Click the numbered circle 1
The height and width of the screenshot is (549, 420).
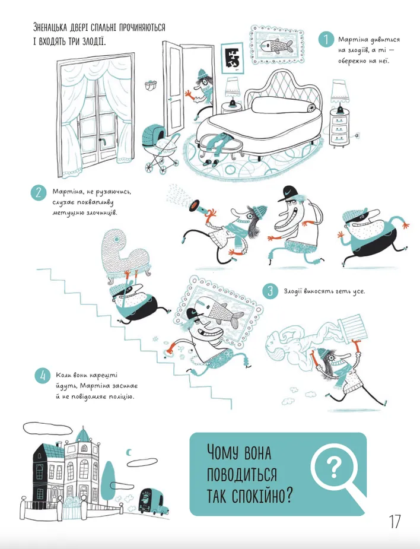coord(326,40)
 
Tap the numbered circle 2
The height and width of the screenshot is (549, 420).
coord(39,193)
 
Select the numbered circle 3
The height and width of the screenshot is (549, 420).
coord(270,291)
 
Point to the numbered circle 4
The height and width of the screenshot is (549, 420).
coord(43,376)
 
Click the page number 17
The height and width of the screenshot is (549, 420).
coord(394,521)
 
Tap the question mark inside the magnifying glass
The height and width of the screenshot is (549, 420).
coord(334,467)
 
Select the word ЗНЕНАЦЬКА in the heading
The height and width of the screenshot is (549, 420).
coord(51,27)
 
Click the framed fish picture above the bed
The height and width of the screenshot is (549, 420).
coord(276,46)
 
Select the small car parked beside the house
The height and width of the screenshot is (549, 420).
coord(153,501)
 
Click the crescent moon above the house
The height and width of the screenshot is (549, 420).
coord(129,453)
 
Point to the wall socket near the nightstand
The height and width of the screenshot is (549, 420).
coord(357,134)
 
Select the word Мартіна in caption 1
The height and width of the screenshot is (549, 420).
coord(350,40)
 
